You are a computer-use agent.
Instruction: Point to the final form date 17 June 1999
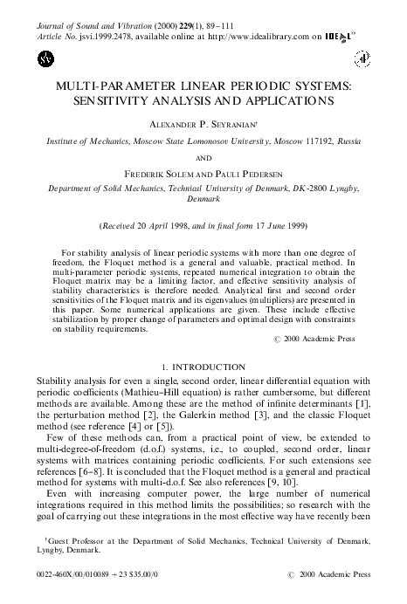pos(276,223)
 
